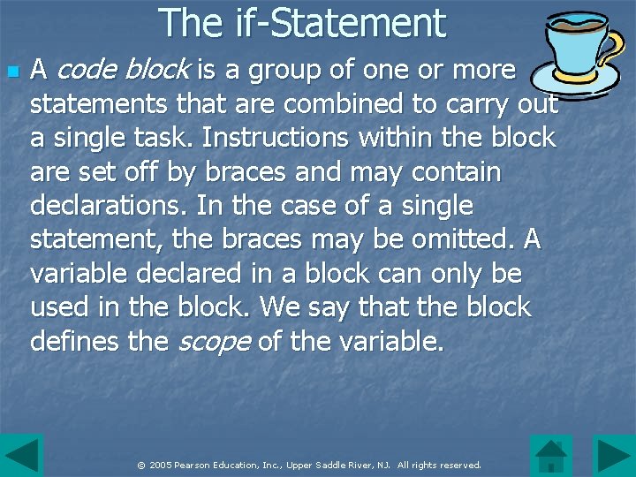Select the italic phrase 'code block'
(124, 69)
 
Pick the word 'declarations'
(110, 206)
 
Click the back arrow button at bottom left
(21, 456)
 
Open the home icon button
(551, 456)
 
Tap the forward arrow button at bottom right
(613, 456)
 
